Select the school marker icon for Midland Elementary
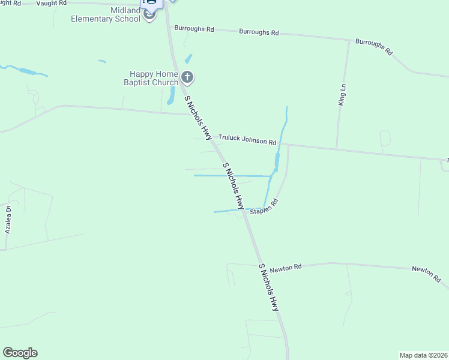149,14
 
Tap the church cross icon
188,77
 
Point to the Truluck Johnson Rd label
247,139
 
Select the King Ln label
342,95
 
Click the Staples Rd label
265,207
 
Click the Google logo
20,353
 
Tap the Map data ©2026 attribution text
423,355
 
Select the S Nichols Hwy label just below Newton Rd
269,287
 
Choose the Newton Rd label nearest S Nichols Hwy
285,268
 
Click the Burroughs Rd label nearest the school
194,28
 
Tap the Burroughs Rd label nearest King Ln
373,48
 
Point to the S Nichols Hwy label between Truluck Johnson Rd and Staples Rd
235,185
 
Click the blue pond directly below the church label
171,95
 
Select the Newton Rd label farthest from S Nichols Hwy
427,274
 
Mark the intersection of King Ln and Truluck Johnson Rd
337,148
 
